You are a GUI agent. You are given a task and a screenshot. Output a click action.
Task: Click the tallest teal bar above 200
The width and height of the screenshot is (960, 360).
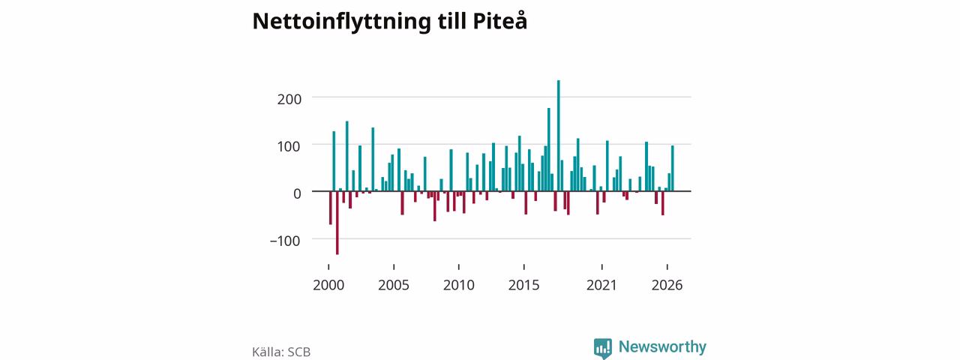click(559, 136)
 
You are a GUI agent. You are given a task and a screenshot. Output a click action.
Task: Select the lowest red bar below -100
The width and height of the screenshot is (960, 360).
click(337, 223)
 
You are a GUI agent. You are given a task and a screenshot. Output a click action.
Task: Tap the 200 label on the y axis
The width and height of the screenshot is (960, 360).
click(289, 100)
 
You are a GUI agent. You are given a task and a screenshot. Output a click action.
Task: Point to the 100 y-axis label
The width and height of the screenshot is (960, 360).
click(289, 146)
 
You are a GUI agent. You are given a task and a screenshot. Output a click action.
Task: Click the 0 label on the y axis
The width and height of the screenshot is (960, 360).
click(298, 193)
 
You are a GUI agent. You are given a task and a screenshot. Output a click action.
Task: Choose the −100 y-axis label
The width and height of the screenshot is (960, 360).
click(285, 241)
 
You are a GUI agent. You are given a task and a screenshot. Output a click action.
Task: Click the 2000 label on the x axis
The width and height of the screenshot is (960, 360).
click(328, 286)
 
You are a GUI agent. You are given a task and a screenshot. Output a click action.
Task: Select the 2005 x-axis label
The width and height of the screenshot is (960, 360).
click(394, 286)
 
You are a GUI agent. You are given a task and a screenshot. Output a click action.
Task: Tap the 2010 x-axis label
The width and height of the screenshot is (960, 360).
click(458, 286)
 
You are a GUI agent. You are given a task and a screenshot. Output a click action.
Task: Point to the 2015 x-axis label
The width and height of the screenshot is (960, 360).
click(523, 286)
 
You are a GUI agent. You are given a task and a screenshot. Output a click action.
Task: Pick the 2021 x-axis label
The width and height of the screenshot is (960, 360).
click(601, 286)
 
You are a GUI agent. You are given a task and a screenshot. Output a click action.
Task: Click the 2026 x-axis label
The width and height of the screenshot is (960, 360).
click(667, 286)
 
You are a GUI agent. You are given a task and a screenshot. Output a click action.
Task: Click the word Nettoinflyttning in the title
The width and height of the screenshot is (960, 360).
click(341, 22)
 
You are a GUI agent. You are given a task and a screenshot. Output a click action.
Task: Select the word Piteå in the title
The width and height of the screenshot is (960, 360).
click(499, 20)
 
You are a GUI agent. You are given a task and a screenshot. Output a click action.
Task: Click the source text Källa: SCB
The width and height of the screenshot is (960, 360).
click(281, 352)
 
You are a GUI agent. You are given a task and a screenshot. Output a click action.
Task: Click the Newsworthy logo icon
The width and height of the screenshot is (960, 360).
click(602, 348)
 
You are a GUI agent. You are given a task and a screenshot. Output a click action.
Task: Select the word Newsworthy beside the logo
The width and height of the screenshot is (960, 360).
click(662, 346)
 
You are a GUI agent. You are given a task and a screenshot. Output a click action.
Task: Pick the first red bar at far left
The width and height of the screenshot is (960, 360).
click(331, 208)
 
